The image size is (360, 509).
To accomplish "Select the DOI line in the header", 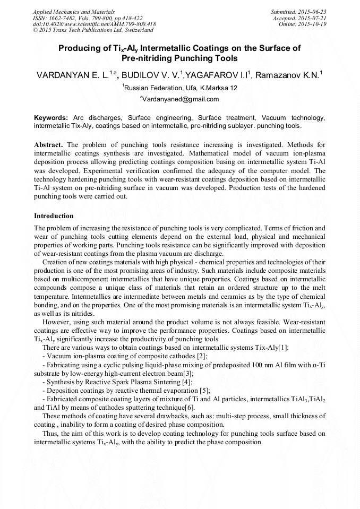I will point(94,24).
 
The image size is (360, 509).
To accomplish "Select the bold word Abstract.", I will point(49,145).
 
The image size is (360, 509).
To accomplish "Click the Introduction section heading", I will point(54,216).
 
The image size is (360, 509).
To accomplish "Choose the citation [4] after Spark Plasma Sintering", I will point(187,382).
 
